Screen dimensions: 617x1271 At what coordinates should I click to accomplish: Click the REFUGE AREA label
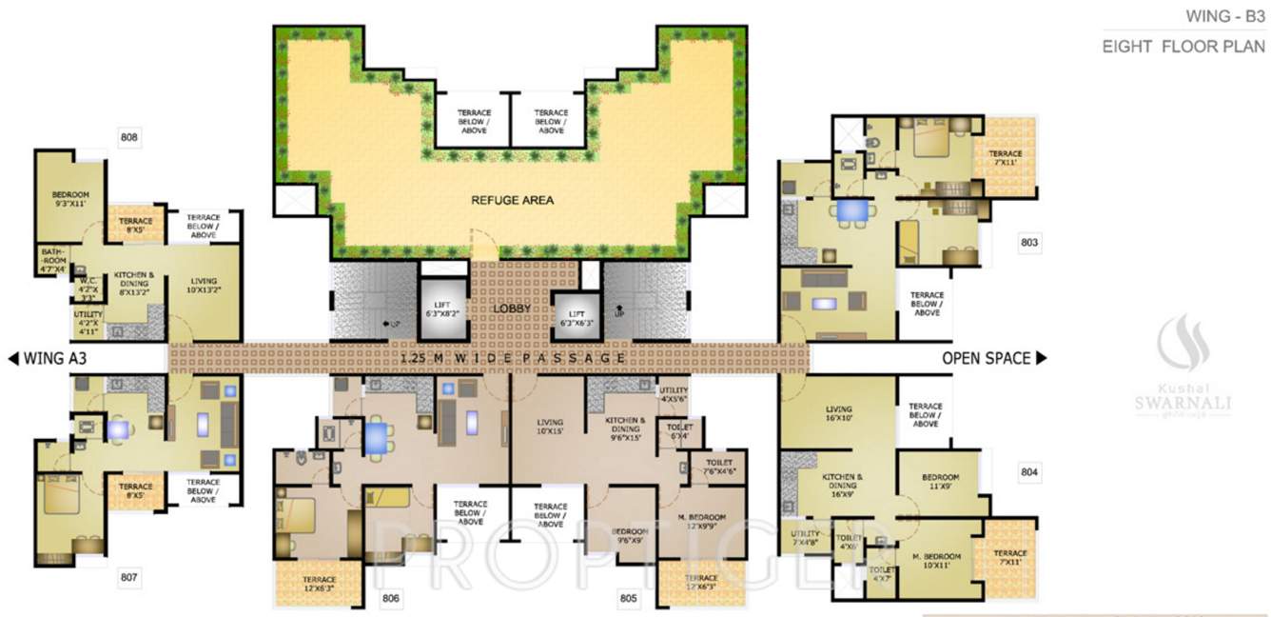512,200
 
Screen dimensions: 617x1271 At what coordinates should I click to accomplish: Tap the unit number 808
129,137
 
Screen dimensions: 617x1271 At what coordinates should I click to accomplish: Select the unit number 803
1028,243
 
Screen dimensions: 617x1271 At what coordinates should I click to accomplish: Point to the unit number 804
1028,472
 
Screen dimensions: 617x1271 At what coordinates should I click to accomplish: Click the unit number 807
129,576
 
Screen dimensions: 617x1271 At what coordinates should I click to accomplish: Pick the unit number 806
390,599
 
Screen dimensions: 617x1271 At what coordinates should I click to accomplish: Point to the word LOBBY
512,310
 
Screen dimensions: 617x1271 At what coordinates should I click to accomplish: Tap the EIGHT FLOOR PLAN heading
1184,46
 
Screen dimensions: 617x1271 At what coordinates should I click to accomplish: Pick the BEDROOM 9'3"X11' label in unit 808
70,200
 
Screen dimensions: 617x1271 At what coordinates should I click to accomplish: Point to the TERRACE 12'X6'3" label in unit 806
320,585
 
